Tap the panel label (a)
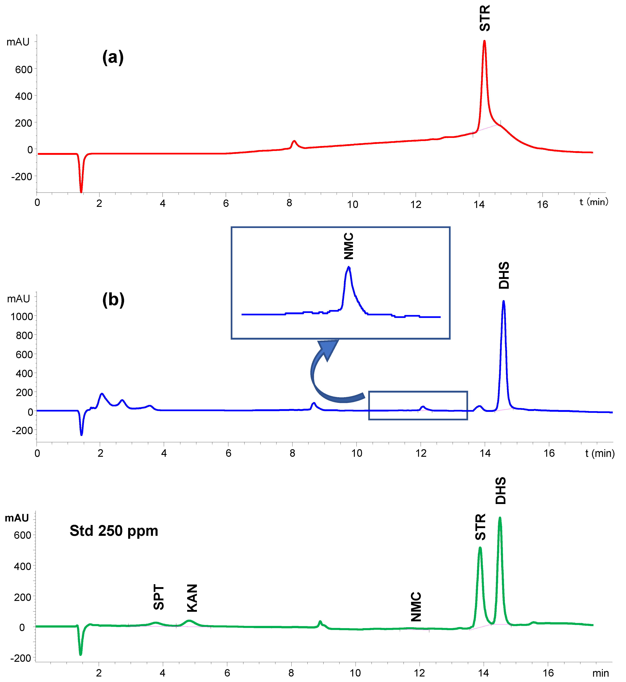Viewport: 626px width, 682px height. pos(113,57)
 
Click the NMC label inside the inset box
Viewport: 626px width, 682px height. pos(349,246)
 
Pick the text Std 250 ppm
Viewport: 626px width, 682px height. pos(114,530)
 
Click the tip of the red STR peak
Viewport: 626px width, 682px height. pos(484,41)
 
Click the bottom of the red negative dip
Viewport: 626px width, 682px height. pos(81,192)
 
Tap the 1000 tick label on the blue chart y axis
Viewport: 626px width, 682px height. pos(22,316)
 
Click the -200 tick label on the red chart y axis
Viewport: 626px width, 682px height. pos(22,177)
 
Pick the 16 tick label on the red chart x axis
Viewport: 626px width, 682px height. pos(542,204)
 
